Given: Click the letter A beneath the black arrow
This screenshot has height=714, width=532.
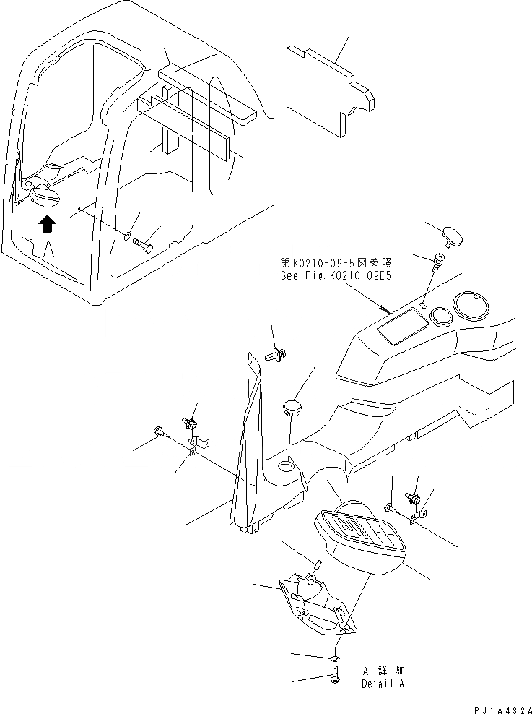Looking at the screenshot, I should coord(48,250).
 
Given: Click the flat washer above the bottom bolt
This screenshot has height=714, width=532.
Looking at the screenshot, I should coord(336,658).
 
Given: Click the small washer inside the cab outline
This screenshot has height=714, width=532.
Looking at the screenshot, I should coord(127,236).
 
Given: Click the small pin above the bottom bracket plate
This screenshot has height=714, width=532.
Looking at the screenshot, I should coord(316,563).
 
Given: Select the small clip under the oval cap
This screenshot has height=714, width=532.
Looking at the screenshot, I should coord(437,263).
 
